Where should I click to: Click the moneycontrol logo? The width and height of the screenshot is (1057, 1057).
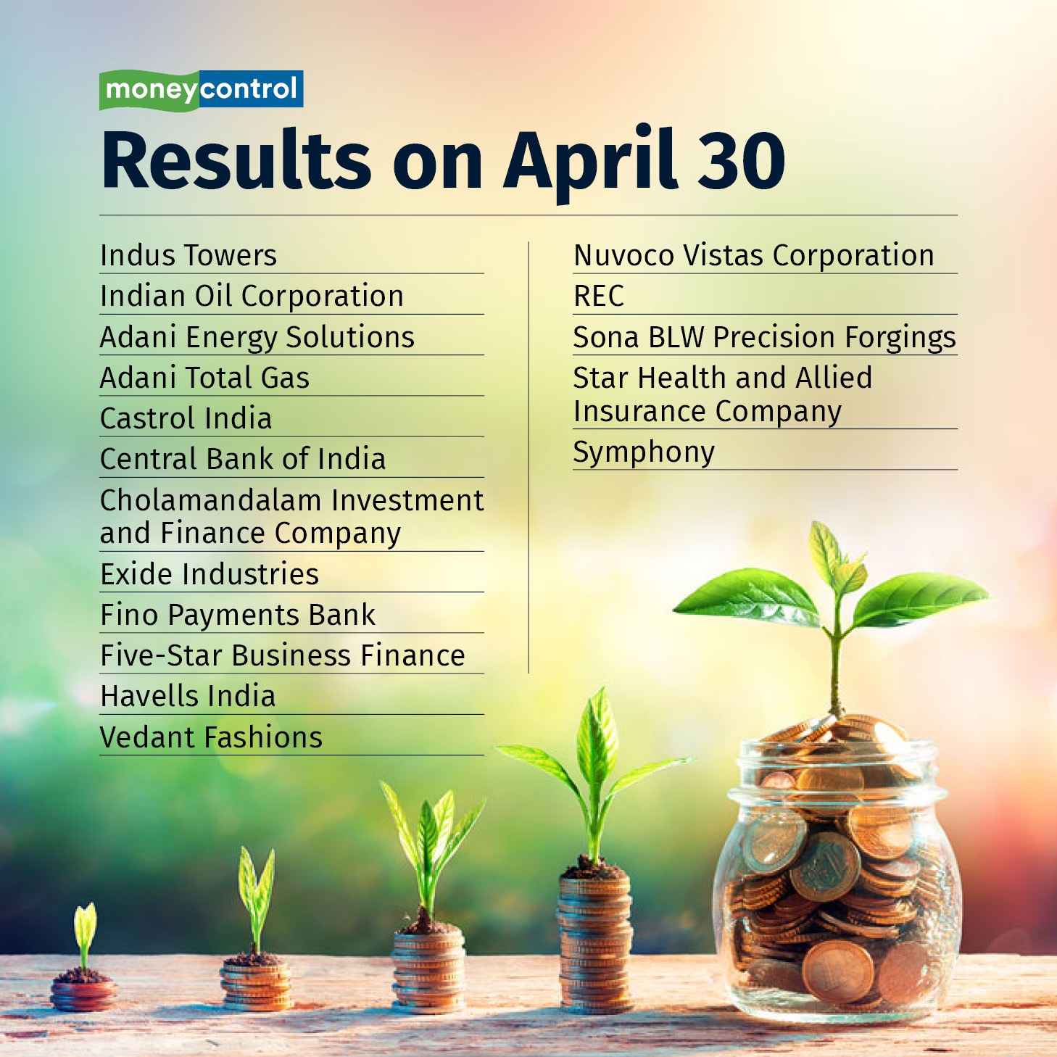[201, 90]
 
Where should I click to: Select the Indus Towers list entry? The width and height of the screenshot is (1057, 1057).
[188, 255]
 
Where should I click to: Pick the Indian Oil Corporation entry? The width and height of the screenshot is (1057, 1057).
[252, 297]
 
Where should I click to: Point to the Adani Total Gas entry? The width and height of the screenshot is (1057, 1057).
[204, 378]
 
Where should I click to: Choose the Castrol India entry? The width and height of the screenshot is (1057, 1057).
[186, 418]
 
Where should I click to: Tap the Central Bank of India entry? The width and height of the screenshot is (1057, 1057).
[243, 459]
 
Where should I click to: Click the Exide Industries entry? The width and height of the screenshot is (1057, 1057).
[210, 573]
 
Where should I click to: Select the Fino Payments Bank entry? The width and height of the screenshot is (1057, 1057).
[238, 615]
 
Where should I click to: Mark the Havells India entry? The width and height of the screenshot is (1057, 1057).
[188, 696]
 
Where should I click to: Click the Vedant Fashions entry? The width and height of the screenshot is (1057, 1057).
[211, 737]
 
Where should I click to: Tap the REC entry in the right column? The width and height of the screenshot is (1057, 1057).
[598, 297]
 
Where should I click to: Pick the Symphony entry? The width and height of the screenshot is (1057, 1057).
[644, 453]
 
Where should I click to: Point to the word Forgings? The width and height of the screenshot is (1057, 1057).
[900, 338]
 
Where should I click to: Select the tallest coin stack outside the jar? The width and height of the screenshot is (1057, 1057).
[594, 942]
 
